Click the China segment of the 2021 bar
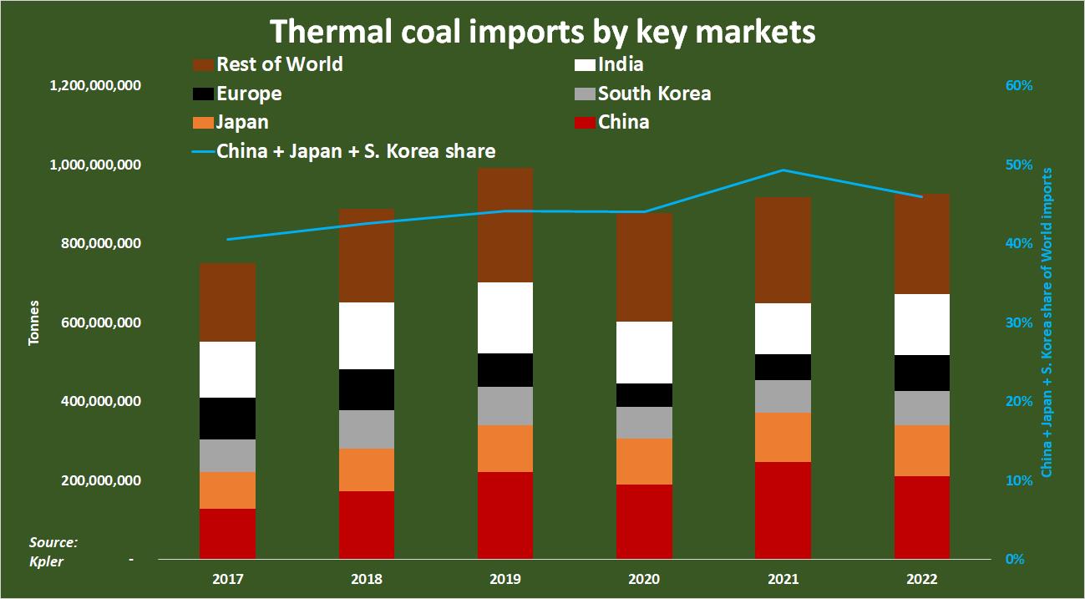point(783,510)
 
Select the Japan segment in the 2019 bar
point(505,449)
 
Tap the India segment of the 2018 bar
point(366,336)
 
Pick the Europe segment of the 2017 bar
point(227,419)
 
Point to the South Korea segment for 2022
point(921,408)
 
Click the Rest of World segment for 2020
point(644,267)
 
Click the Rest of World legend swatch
point(203,65)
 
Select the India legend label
point(621,64)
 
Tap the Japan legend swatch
point(203,122)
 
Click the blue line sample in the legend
point(203,152)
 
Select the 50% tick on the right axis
point(1018,165)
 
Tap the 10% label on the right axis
point(1018,480)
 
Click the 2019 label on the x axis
point(505,579)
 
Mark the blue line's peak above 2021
point(783,170)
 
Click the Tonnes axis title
point(34,322)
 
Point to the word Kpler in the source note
point(47,561)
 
